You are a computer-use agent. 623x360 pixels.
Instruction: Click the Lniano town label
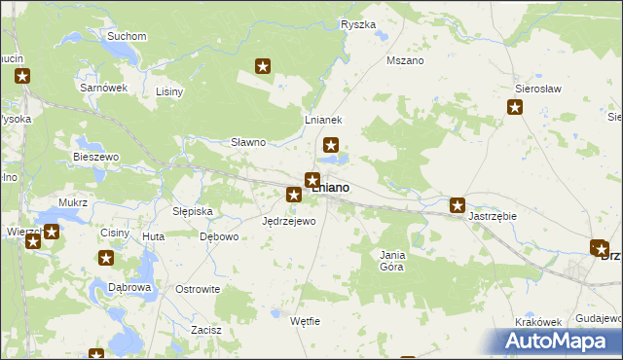click(x=333, y=187)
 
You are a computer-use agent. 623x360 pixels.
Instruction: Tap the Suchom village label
click(x=127, y=37)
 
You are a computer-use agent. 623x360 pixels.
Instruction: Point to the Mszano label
click(x=405, y=60)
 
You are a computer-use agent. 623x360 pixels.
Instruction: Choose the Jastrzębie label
click(x=492, y=216)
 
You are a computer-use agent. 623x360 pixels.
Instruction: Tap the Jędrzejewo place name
click(x=289, y=221)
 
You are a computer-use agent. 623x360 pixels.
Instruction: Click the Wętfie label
click(x=305, y=321)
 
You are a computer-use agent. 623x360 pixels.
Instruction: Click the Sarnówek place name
click(x=104, y=88)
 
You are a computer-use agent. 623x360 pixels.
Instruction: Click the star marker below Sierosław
click(x=515, y=107)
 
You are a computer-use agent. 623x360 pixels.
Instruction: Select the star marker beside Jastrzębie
click(x=457, y=205)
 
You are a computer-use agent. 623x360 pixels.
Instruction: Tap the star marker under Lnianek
click(x=331, y=146)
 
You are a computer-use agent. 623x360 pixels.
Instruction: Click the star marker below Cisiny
click(x=106, y=258)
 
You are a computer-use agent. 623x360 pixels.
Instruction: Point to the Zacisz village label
click(x=206, y=330)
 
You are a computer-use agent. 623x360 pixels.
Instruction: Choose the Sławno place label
click(x=248, y=142)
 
